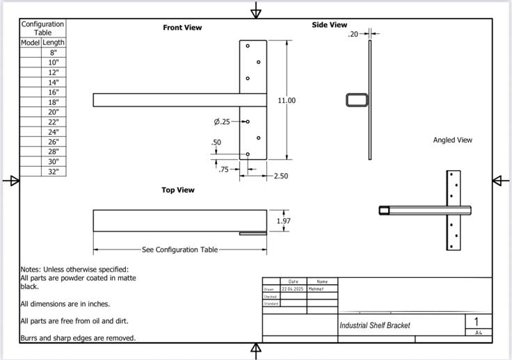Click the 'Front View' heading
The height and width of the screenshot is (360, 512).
182,28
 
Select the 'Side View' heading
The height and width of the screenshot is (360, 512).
329,25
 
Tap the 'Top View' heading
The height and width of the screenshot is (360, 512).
178,190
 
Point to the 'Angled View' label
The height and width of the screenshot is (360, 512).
452,140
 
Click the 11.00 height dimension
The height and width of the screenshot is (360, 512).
287,101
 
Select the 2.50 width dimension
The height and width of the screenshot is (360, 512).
281,177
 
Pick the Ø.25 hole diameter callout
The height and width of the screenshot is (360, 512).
222,122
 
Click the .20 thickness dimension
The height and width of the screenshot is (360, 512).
353,33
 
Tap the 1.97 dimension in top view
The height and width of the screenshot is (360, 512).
283,221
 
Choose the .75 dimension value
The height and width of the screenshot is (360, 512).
223,169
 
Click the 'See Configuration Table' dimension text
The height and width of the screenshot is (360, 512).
179,249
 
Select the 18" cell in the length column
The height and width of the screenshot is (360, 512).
54,102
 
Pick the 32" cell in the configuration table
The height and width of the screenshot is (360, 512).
54,171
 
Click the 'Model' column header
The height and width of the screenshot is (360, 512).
31,42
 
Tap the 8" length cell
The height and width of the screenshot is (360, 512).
54,53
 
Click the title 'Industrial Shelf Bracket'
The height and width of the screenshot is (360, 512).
374,325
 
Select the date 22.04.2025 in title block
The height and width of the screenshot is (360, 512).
292,288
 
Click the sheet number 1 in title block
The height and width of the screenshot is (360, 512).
477,322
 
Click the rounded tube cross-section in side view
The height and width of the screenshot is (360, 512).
357,100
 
